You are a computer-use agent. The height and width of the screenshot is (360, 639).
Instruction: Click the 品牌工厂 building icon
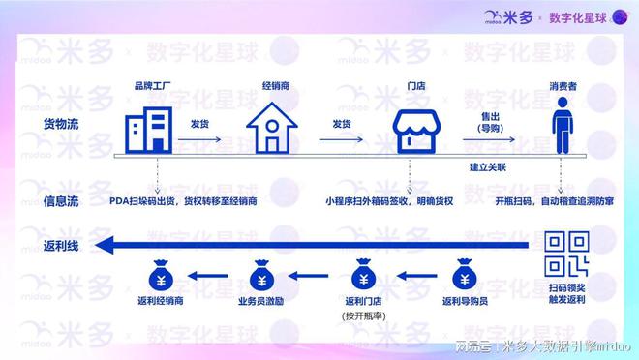coord(148,129)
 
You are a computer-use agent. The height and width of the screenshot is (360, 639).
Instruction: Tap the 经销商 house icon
coord(270,129)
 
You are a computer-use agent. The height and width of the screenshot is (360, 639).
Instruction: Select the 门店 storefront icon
coord(415,130)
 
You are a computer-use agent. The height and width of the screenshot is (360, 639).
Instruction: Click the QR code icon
coord(567,254)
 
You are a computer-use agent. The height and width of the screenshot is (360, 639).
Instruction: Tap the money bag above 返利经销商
coord(161,277)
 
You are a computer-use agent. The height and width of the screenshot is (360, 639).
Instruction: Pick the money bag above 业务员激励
coord(261,277)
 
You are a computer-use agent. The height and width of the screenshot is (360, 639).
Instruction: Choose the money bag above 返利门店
coord(363,277)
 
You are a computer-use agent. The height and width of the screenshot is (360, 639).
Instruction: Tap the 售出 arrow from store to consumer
coord(489,138)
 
